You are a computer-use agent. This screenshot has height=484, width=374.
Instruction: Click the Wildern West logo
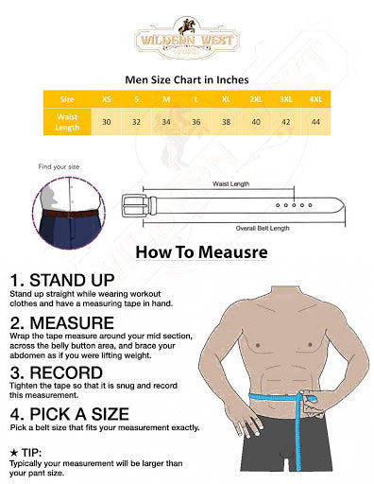click(187, 39)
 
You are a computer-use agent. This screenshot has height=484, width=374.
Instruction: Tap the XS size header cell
click(107, 99)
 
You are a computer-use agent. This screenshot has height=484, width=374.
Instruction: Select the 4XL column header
click(315, 99)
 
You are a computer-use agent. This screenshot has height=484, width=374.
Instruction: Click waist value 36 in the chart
click(196, 122)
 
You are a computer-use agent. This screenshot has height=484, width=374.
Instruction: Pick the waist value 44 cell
click(315, 122)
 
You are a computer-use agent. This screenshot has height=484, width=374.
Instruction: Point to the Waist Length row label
click(67, 122)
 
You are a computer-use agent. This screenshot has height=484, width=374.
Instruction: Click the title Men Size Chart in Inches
click(187, 79)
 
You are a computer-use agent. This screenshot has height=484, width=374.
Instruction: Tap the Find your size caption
click(59, 166)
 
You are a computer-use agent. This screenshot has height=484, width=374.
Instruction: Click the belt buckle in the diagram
click(135, 206)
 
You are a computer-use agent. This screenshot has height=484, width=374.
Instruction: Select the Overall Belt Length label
click(263, 228)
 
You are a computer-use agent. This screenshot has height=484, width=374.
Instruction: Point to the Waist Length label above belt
click(230, 183)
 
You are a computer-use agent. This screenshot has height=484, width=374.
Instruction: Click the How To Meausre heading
click(202, 252)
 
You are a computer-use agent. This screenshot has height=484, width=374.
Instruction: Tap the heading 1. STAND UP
click(62, 280)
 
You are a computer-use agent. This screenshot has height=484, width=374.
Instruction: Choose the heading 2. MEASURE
click(62, 322)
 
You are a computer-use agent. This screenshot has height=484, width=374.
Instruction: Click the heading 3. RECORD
click(57, 372)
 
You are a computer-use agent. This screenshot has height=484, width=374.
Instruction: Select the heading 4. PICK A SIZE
click(70, 414)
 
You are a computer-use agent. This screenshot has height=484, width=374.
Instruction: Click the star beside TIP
click(14, 453)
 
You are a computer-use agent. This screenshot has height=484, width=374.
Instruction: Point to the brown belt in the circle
click(71, 214)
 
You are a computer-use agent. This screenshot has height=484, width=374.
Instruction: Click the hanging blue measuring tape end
click(297, 441)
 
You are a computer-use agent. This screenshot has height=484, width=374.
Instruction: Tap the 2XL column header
click(256, 99)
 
